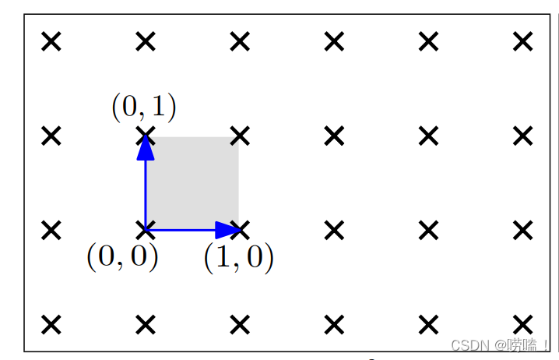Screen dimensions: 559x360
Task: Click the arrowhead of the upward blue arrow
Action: click(x=146, y=148)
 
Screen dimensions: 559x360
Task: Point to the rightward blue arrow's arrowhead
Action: click(x=227, y=230)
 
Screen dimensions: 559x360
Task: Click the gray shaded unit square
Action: click(x=192, y=183)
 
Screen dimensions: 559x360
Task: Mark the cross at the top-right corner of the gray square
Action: click(x=240, y=136)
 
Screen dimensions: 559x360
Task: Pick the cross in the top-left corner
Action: click(x=51, y=41)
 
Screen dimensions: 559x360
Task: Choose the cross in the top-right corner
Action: click(x=523, y=41)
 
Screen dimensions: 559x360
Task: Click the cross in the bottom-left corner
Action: click(x=51, y=324)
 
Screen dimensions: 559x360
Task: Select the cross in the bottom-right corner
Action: click(x=523, y=324)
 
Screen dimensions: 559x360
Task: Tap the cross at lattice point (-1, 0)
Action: click(x=51, y=230)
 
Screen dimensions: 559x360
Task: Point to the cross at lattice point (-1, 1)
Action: click(x=51, y=136)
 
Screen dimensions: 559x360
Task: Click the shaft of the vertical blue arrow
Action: click(x=146, y=195)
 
